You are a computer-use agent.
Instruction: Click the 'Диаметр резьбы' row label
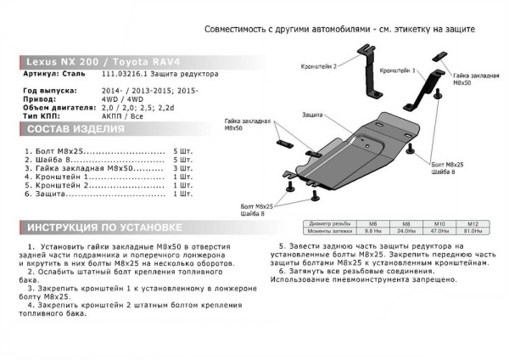[x=323, y=224]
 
